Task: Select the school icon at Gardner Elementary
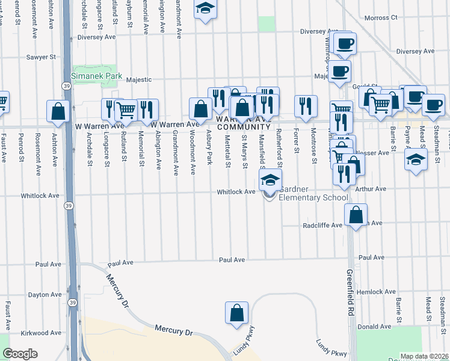pyautogui.click(x=271, y=180)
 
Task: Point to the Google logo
pyautogui.click(x=20, y=354)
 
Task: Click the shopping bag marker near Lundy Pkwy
pyautogui.click(x=237, y=313)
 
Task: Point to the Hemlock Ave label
pyautogui.click(x=376, y=292)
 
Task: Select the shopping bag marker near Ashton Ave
pyautogui.click(x=58, y=112)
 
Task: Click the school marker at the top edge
pyautogui.click(x=206, y=9)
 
